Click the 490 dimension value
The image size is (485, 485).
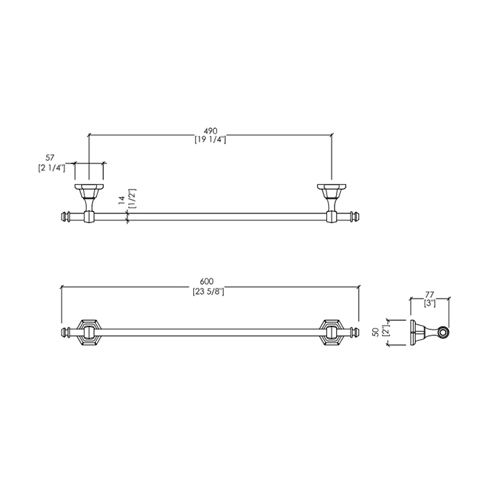[211, 131]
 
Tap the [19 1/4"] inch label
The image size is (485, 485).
[211, 140]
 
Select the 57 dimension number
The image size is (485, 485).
[50, 158]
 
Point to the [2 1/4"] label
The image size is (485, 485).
[52, 168]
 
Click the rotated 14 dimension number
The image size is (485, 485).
[121, 200]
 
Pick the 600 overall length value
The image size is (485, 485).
[206, 281]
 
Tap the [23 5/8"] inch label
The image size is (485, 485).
[208, 292]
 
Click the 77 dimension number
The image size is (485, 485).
[430, 294]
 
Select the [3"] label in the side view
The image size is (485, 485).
[430, 303]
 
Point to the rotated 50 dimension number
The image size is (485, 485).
[376, 333]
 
